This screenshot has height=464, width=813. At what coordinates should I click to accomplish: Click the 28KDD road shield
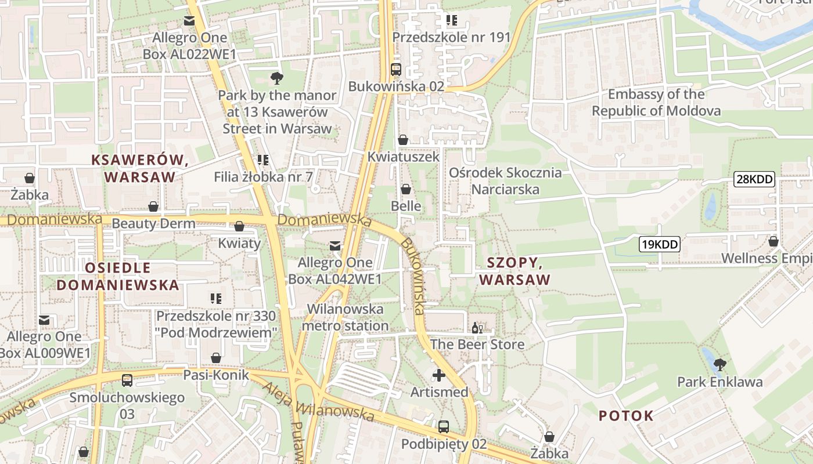click(x=754, y=179)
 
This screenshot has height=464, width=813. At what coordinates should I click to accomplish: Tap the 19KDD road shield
click(x=659, y=244)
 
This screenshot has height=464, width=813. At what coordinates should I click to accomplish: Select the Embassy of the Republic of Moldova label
click(x=656, y=103)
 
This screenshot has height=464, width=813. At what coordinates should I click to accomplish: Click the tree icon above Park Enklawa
click(x=720, y=365)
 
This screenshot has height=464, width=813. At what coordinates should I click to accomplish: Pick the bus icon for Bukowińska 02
click(x=396, y=70)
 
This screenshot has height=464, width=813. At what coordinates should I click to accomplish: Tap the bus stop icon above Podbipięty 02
click(x=444, y=427)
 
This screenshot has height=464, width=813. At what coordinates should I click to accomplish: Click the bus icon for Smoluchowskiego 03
click(x=127, y=381)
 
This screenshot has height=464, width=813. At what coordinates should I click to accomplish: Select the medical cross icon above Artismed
click(x=439, y=375)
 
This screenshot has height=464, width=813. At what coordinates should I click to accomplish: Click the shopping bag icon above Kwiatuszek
click(x=403, y=140)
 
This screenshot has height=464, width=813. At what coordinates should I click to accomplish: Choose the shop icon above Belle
click(x=406, y=189)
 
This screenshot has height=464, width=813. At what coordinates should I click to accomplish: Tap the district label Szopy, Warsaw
click(x=515, y=271)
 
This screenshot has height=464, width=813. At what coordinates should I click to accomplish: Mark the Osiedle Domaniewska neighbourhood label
click(x=118, y=276)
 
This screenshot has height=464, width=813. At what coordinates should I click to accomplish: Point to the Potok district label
click(x=626, y=415)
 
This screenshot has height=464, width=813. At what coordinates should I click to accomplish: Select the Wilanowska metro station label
click(x=345, y=317)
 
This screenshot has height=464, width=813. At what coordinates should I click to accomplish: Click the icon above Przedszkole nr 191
click(x=451, y=21)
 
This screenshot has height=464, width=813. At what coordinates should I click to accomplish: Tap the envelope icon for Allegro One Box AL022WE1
click(x=189, y=21)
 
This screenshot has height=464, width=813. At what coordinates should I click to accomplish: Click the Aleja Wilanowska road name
click(x=318, y=401)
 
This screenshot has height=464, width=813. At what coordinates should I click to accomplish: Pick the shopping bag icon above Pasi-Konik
click(x=216, y=358)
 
